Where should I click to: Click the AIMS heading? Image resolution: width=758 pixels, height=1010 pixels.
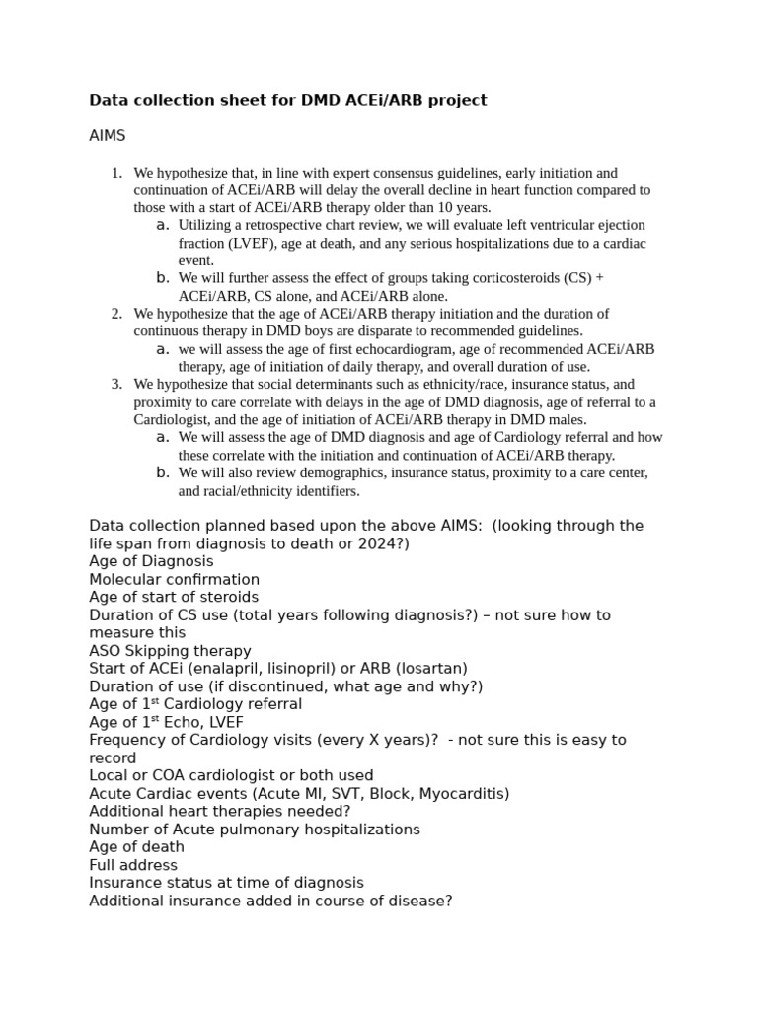108,135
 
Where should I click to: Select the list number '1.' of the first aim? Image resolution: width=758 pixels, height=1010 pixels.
116,173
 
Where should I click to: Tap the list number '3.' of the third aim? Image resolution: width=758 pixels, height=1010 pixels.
116,384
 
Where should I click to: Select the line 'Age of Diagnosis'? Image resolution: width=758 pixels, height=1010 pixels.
151,561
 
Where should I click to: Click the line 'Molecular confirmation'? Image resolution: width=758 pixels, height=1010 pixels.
174,579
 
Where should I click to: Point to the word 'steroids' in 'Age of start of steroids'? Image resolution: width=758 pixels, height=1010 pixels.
229,597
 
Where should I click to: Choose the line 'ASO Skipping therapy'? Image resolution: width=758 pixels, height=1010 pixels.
170,651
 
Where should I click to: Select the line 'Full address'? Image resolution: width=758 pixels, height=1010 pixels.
133,865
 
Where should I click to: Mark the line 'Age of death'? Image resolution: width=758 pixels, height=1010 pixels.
136,847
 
